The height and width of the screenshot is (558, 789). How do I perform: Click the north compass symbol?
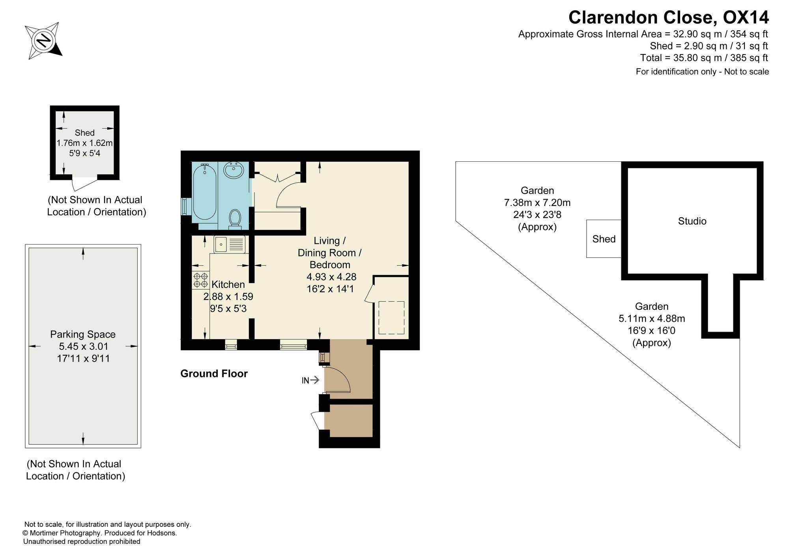point(44,41)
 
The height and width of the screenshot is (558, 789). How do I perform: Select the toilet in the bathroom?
point(235,218)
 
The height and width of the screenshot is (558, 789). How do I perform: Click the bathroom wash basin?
point(234,170)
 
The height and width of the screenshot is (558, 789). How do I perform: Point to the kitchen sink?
point(230,244)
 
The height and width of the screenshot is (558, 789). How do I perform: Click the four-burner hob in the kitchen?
point(200,280)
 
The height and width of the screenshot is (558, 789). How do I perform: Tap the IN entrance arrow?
point(310,380)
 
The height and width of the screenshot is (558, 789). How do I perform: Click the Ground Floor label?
point(214,373)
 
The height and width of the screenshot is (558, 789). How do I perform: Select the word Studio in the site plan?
point(692,221)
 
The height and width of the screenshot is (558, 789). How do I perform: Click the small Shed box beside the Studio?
point(604,239)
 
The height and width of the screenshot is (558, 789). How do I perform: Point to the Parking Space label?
point(83,334)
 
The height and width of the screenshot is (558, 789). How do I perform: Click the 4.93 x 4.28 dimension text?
point(331,277)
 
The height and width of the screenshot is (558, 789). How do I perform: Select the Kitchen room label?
point(228,284)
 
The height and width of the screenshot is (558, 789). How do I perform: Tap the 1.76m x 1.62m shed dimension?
point(84,143)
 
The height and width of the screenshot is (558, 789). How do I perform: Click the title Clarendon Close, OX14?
point(668,17)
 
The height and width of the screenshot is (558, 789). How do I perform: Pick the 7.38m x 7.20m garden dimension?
point(537,203)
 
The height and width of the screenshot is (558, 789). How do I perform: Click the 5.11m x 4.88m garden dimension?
point(652,318)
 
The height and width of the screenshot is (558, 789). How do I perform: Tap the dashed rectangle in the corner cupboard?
point(391,317)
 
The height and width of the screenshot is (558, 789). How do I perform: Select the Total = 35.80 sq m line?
point(704,58)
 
